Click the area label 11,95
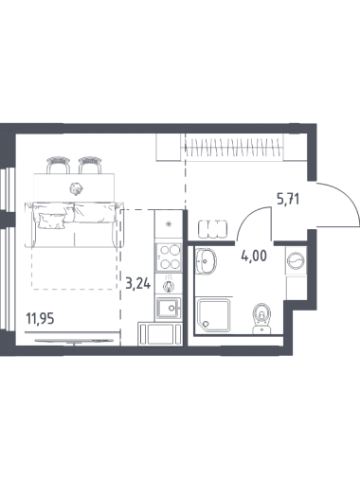(x=40, y=319)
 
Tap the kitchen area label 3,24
(x=138, y=284)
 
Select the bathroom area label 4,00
(x=254, y=256)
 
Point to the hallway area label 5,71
(x=288, y=200)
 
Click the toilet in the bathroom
(x=262, y=318)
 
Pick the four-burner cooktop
(x=169, y=257)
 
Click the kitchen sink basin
(x=168, y=308)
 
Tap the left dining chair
(x=59, y=165)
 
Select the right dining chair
(x=91, y=165)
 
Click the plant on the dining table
(x=76, y=188)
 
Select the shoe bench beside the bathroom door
(x=212, y=230)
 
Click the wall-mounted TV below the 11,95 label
(x=74, y=341)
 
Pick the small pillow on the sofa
(x=51, y=221)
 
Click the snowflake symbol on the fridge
(x=170, y=224)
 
